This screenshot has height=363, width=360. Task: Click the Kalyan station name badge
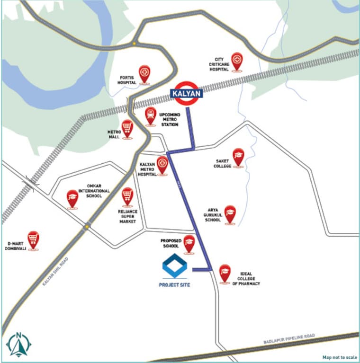pyautogui.click(x=187, y=94)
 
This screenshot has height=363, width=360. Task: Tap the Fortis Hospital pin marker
pyautogui.click(x=144, y=74)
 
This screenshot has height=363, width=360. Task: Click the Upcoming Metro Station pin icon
pyautogui.click(x=151, y=115)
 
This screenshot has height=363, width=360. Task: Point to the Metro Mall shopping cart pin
pyautogui.click(x=127, y=128)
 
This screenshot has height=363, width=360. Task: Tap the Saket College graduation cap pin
pyautogui.click(x=238, y=157)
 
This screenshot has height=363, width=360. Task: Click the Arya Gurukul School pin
pyautogui.click(x=230, y=213)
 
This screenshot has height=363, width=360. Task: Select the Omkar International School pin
pyautogui.click(x=72, y=198)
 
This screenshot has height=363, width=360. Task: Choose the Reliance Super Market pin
pyautogui.click(x=127, y=196)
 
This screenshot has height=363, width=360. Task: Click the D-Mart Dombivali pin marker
pyautogui.click(x=33, y=239)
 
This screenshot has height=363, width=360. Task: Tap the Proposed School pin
pyautogui.click(x=189, y=243)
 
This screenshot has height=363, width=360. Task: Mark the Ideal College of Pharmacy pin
pyautogui.click(x=225, y=273)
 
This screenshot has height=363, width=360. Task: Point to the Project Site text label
pyautogui.click(x=174, y=285)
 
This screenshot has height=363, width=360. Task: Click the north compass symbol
pyautogui.click(x=18, y=344)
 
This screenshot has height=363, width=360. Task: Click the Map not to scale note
pyautogui.click(x=340, y=357)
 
